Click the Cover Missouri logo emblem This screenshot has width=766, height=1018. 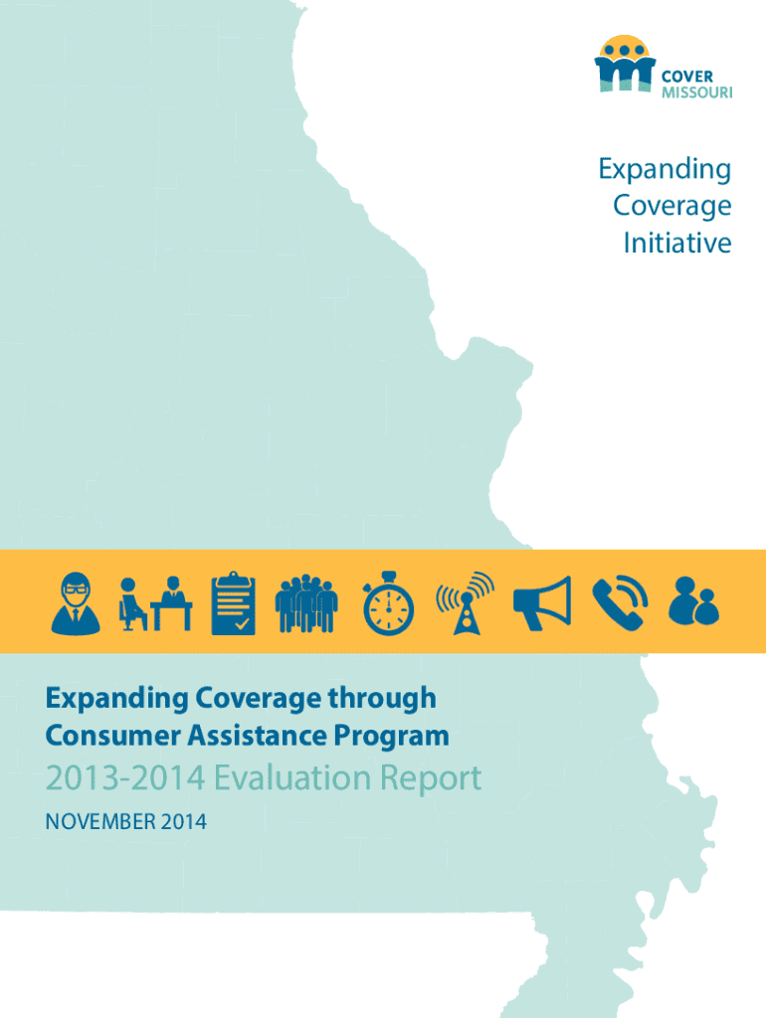pos(625,64)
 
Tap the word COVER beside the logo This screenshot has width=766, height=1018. pos(686,77)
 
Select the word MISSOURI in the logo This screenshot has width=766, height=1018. pos(697,92)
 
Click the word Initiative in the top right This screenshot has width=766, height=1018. pos(677,243)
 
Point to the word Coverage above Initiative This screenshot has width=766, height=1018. pos(672,207)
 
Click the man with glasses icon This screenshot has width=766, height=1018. pos(76,603)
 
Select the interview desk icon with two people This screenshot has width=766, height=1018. pos(155,603)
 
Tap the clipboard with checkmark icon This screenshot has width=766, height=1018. pos(233,603)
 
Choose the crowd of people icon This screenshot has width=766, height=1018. pos(306,603)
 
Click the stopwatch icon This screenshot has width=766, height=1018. pos(388,603)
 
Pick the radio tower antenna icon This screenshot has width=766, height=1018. pos(466,603)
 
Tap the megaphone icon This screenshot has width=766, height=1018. pos(542,603)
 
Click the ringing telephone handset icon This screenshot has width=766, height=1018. pos(620,603)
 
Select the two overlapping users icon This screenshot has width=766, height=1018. pos(694,601)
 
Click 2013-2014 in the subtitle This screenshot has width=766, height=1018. pos(125,777)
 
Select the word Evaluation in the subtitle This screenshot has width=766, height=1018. pos(292,777)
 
